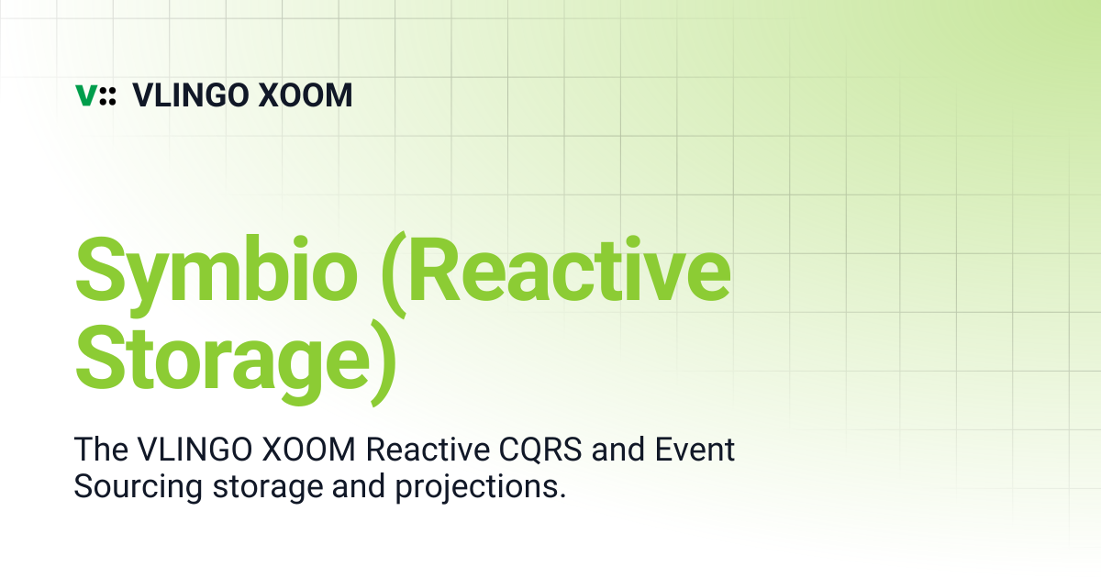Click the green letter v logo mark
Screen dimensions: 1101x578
(x=86, y=95)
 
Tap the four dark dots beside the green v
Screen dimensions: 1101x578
(x=107, y=95)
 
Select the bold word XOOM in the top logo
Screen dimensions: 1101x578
(x=306, y=94)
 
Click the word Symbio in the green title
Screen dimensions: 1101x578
(x=217, y=276)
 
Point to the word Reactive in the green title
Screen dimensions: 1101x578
(x=570, y=270)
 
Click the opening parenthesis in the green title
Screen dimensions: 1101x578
(x=395, y=274)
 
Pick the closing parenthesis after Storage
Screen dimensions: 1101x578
(x=384, y=362)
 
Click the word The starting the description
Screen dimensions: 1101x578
(x=101, y=450)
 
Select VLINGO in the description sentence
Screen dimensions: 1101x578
(x=195, y=450)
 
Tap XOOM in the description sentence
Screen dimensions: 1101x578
(x=308, y=450)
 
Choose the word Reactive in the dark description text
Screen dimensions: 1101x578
(x=428, y=450)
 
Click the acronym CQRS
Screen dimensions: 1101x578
(x=540, y=450)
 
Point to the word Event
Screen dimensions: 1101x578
(x=695, y=450)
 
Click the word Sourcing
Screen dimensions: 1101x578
(x=139, y=487)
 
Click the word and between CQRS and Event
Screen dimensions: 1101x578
(x=618, y=450)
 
